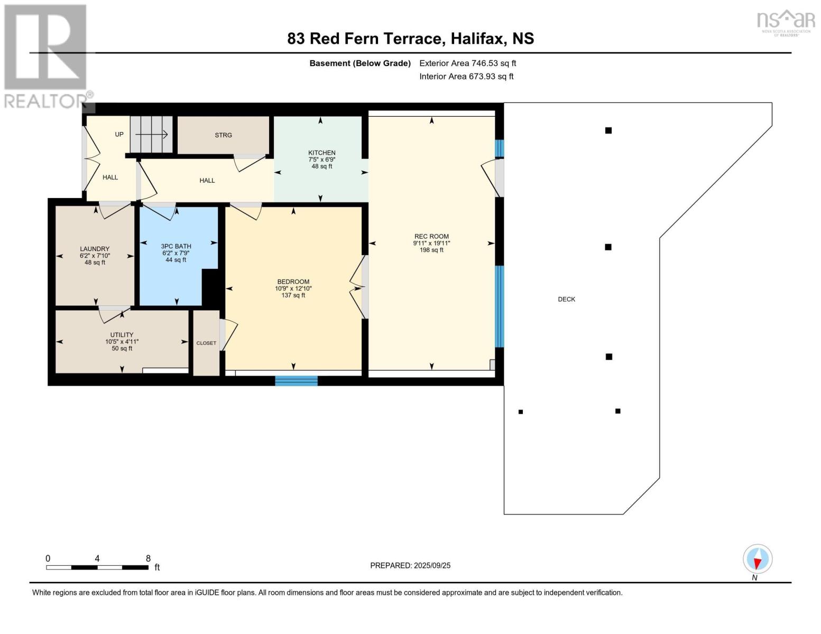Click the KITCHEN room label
pos(321,153)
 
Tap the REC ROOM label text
pos(431,237)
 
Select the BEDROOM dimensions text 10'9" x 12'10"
pos(293,288)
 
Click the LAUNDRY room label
pos(95,249)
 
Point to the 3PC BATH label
pos(176,246)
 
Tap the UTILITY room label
pos(122,335)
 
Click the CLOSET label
pos(206,343)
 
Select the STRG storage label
pos(223,135)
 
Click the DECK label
pos(566,299)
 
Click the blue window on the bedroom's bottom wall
pos(296,380)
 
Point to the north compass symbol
pos(758,559)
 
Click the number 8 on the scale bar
pos(148,558)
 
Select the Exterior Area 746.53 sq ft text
pos(467,63)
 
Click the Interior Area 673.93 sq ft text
pos(466,77)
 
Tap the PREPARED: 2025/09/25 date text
pos(410,565)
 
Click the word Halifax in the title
pos(477,39)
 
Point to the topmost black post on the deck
pos(608,130)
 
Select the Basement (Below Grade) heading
pos(360,63)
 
